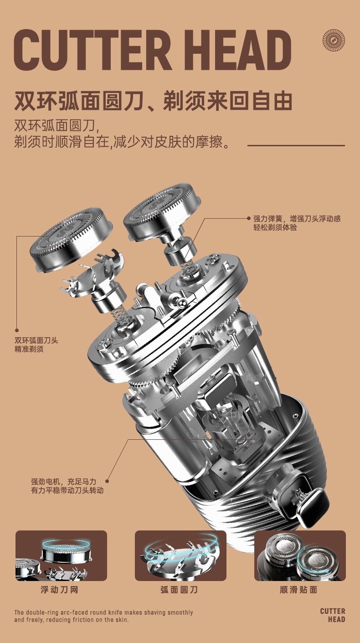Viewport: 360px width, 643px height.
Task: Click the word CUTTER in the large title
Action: [x=93, y=51]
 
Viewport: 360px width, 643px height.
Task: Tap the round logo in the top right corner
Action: [x=334, y=41]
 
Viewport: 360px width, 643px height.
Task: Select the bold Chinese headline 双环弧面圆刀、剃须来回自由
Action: [x=153, y=101]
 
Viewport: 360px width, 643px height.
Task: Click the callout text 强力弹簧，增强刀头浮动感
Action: [x=297, y=219]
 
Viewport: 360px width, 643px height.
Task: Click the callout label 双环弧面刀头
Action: [x=36, y=340]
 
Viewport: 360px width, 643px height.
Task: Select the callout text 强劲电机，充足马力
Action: [x=63, y=481]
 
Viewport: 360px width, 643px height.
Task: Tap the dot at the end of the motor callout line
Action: [x=107, y=481]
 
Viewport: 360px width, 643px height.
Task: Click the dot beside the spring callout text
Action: [x=249, y=218]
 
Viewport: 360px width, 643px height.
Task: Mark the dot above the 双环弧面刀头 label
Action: [x=17, y=330]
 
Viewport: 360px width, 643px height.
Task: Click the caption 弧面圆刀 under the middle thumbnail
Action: [x=179, y=590]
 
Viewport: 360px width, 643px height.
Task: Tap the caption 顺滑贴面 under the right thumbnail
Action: [x=298, y=590]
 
